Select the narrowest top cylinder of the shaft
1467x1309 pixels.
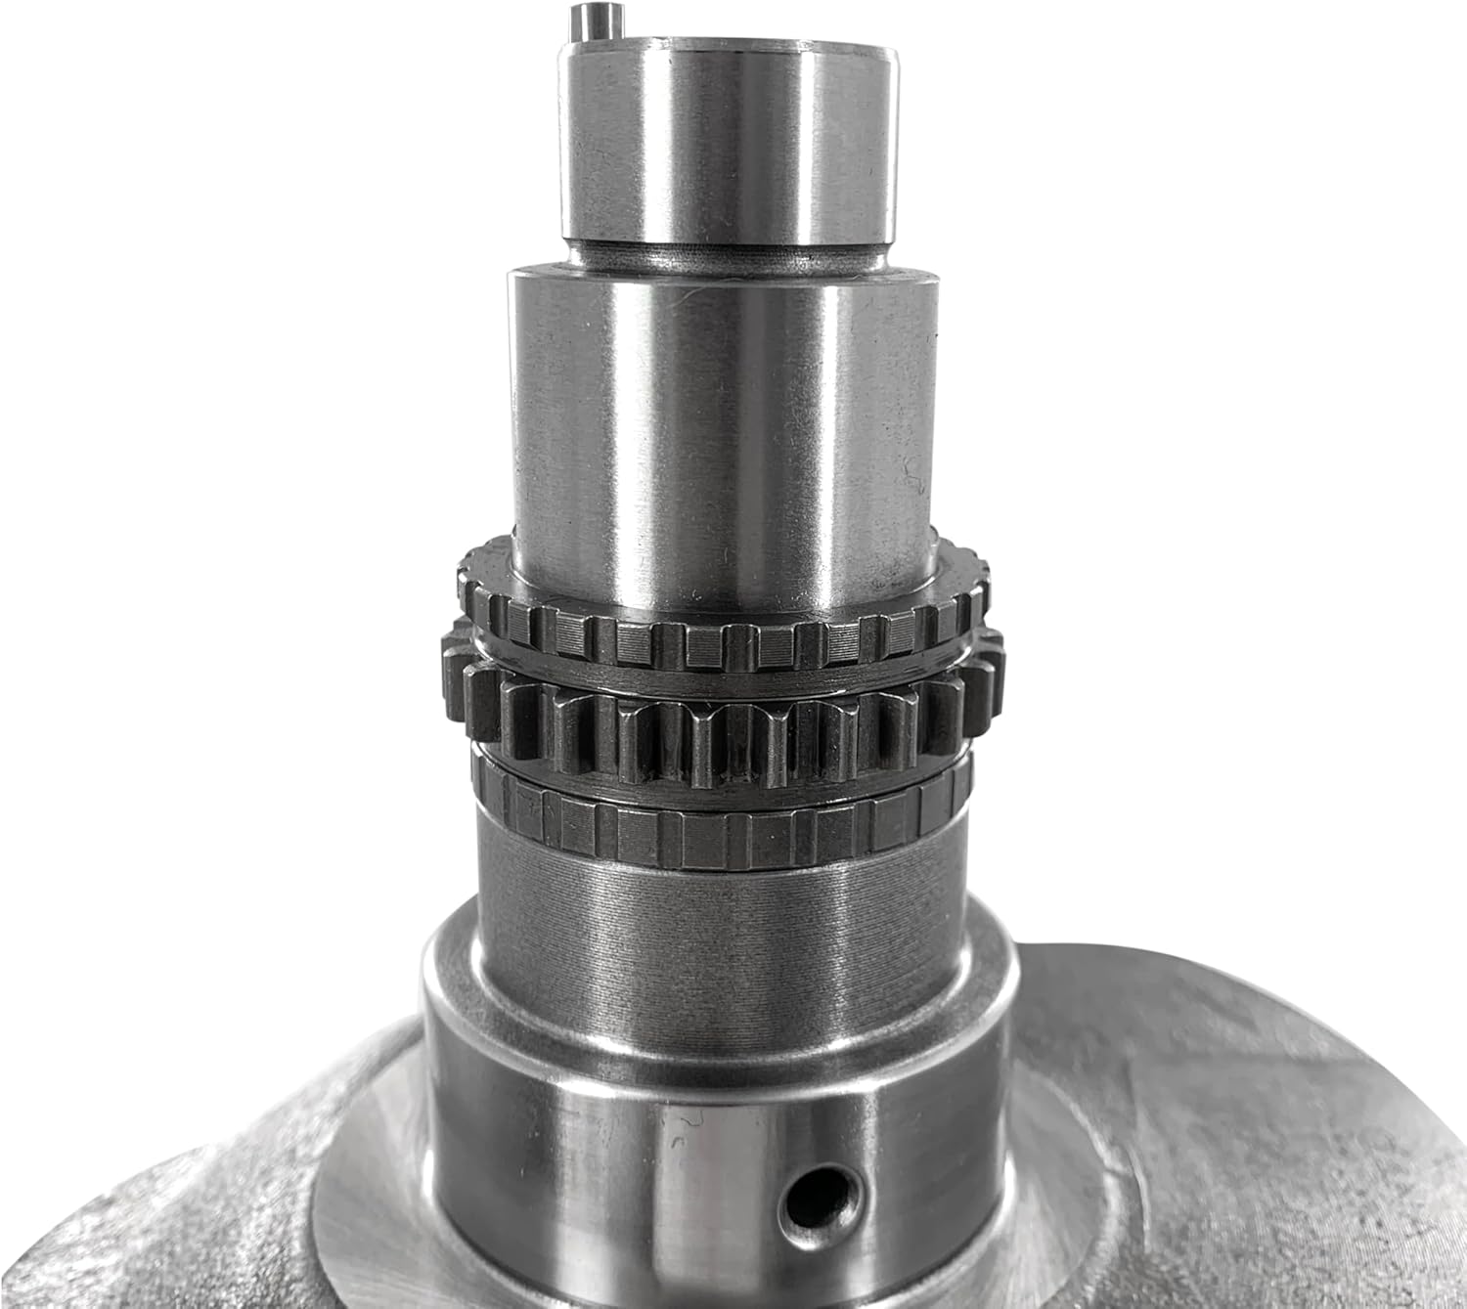(728, 147)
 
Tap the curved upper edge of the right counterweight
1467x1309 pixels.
(1174, 963)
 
